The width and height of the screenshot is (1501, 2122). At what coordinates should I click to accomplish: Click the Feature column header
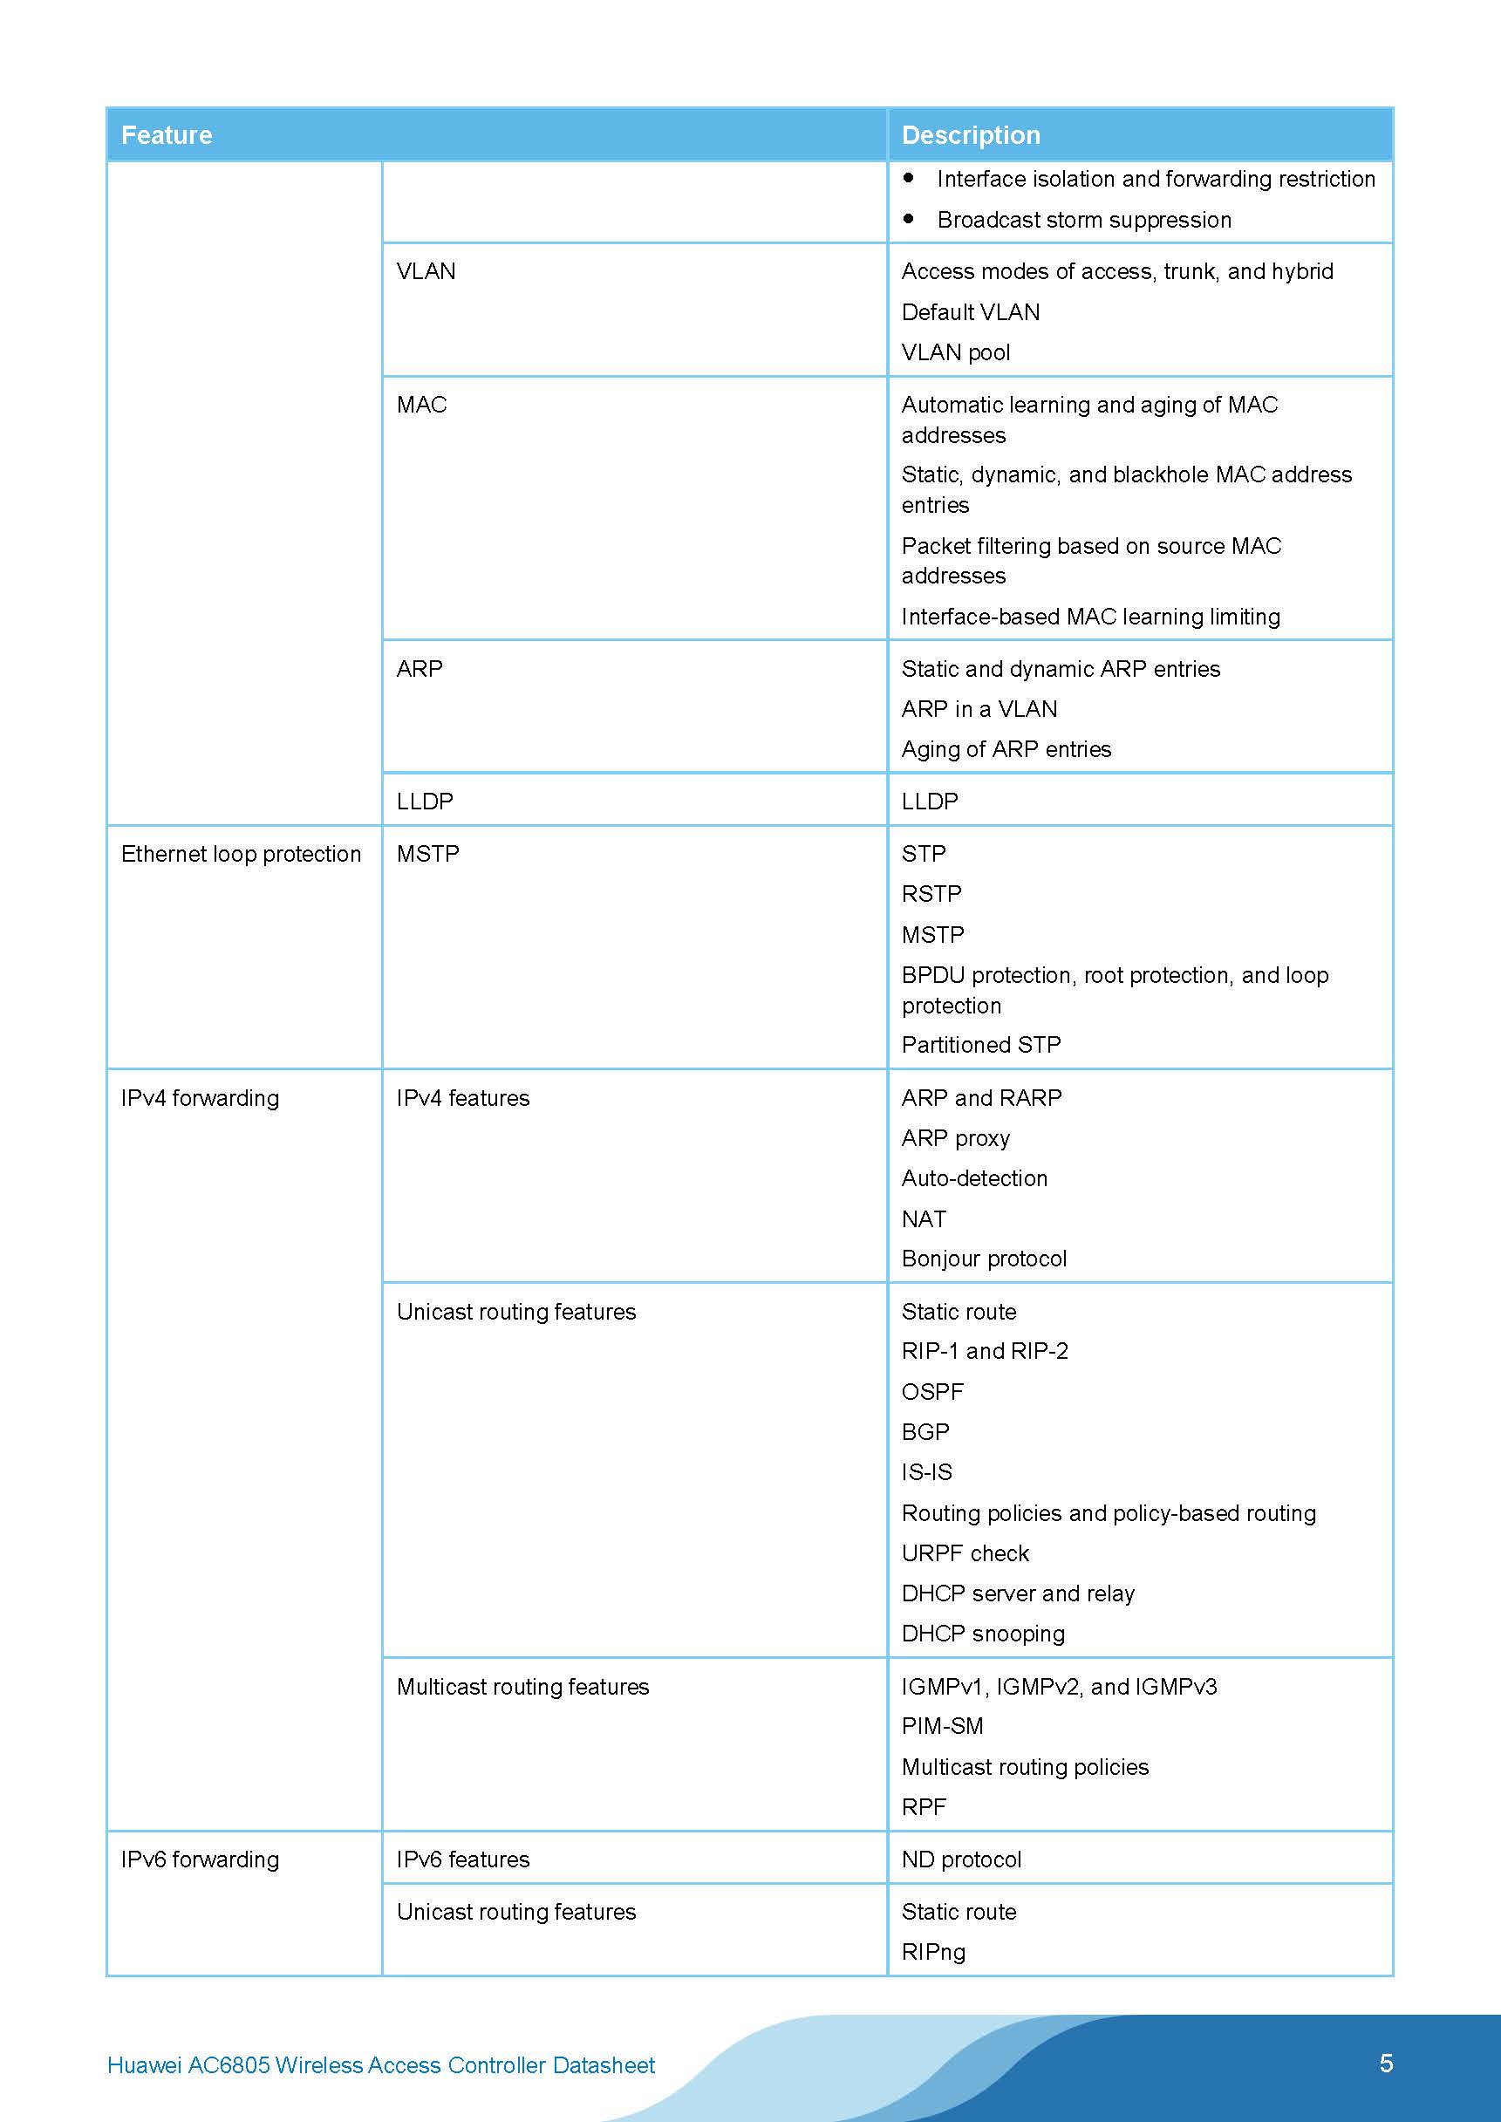coord(167,135)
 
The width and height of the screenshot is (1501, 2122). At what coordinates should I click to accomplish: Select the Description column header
coord(971,135)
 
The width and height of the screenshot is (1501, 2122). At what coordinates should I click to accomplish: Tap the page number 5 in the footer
coord(1386,2063)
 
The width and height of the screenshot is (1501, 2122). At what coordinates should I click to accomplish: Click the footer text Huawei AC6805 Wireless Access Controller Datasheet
coord(381,2064)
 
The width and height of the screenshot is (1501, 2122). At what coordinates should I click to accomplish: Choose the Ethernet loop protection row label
coord(241,854)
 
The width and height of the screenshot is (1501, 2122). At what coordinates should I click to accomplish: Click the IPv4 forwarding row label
coord(200,1098)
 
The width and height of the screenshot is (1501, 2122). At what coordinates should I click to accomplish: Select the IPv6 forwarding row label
coord(200,1859)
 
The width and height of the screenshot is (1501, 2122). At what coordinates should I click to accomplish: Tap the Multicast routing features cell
coord(522,1687)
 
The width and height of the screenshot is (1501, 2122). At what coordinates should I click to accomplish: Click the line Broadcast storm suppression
coord(1083,220)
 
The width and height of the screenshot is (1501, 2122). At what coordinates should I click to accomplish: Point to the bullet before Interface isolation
coord(909,177)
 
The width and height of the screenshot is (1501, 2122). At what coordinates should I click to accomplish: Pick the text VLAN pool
coord(956,352)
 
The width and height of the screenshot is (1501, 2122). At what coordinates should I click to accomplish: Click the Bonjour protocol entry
coord(984,1259)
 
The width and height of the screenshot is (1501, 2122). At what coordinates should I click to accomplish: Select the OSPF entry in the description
coord(931,1392)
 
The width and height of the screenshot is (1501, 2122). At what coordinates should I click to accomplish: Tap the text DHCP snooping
coord(982,1633)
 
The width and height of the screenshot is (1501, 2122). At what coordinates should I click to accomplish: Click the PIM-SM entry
coord(942,1725)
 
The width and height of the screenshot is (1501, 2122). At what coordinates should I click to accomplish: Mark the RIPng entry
coord(933,1952)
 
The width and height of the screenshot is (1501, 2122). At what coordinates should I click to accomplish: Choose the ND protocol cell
coord(961,1859)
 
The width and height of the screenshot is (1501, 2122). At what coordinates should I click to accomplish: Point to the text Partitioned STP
coord(980,1044)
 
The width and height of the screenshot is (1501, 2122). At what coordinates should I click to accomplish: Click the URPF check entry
coord(965,1553)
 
